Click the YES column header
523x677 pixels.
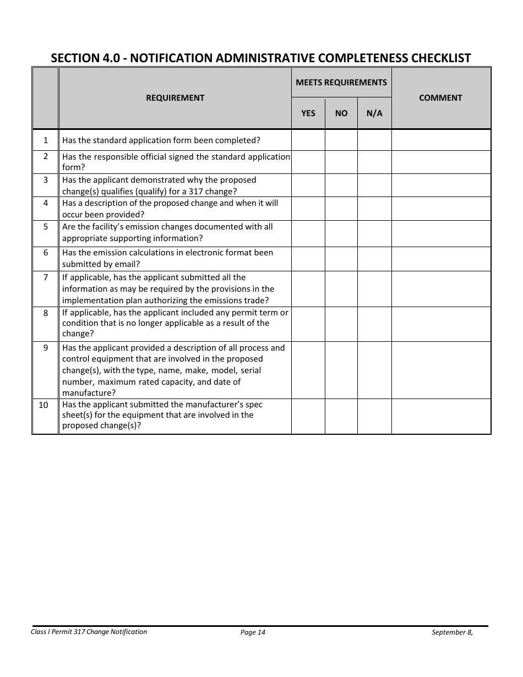tap(308, 113)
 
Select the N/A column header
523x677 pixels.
tap(374, 113)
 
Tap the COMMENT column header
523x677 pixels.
tap(440, 98)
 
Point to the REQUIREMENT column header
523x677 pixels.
tap(175, 98)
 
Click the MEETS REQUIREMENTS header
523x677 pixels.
tap(341, 83)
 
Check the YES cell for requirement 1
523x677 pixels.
tap(308, 140)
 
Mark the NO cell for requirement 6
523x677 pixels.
tap(341, 259)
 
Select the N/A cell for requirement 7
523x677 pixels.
tap(374, 289)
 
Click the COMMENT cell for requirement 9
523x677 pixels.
tap(440, 370)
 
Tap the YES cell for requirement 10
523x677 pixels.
tap(308, 416)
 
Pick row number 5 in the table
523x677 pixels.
tap(46, 227)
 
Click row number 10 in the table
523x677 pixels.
tap(43, 405)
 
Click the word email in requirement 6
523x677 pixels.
tap(125, 264)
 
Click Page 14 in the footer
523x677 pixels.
tap(253, 632)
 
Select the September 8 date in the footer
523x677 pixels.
tap(452, 632)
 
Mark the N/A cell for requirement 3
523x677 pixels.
tap(374, 185)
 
